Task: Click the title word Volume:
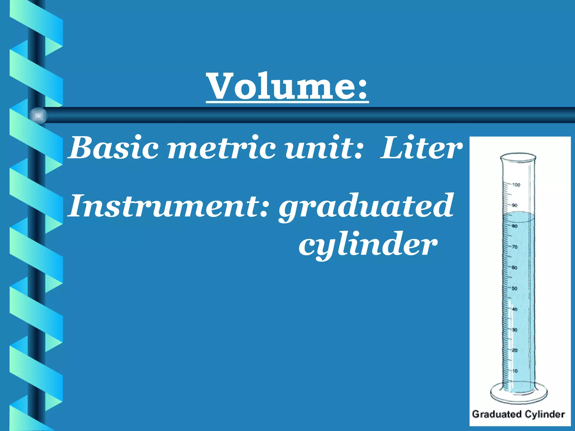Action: tap(287, 86)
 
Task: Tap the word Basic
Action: tap(114, 148)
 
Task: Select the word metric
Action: tap(222, 148)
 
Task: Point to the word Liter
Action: tap(421, 148)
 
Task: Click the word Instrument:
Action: tap(168, 206)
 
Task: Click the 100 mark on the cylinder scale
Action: tap(516, 185)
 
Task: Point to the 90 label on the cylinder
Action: tap(514, 205)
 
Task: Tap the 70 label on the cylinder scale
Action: tap(515, 247)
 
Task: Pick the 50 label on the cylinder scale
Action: tap(515, 288)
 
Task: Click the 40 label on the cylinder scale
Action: tap(515, 309)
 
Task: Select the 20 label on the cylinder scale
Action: tap(515, 350)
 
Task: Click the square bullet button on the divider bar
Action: tap(38, 115)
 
